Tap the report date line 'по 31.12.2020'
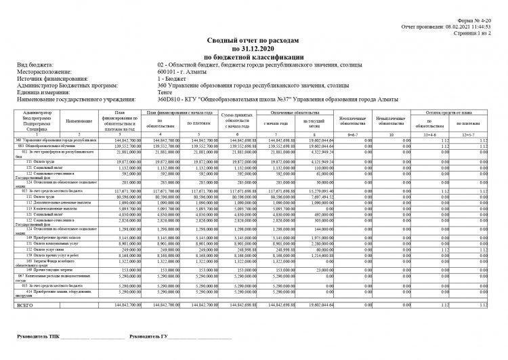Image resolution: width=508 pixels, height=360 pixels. pyautogui.click(x=254, y=49)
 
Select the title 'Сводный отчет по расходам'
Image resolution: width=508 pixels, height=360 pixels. pyautogui.click(x=254, y=42)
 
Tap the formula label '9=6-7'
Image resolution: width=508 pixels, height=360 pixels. pyautogui.click(x=352, y=135)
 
